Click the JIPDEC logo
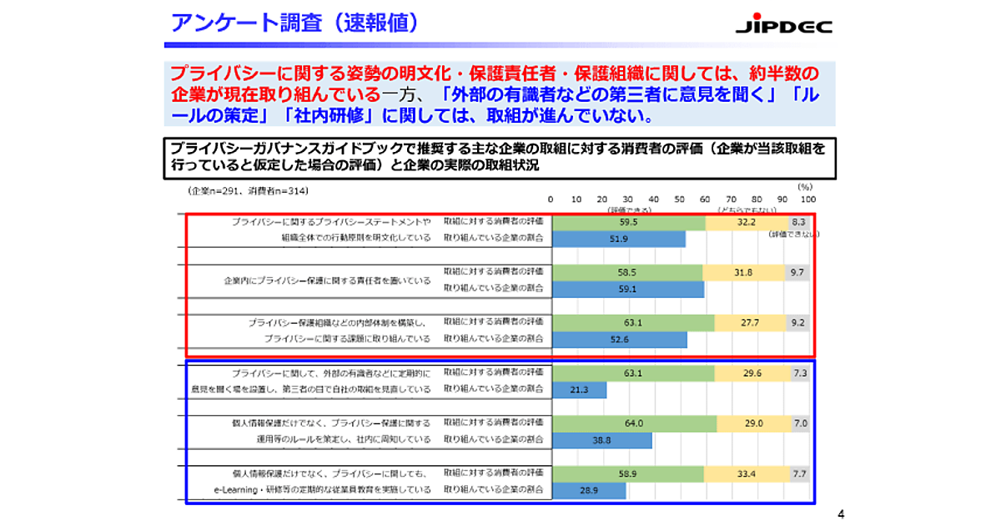tap(783, 26)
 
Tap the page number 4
tap(840, 513)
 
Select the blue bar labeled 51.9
tap(618, 239)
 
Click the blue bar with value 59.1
tap(627, 288)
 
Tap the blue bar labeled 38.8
tap(601, 439)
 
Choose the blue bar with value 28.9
tap(588, 489)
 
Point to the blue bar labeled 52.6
tap(619, 338)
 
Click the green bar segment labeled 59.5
tap(628, 223)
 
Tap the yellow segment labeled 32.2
tap(746, 223)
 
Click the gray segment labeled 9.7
tap(797, 272)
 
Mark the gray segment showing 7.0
tap(800, 423)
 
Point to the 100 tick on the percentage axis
tap(807, 200)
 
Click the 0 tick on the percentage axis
tap(551, 200)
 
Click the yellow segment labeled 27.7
tap(749, 322)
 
